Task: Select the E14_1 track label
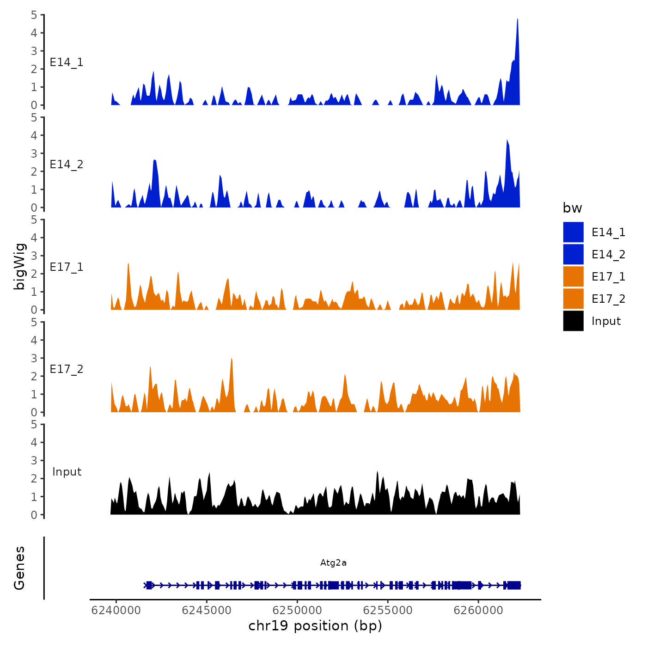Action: pos(67,62)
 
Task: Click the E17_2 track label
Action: pos(67,369)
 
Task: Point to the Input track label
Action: pos(67,472)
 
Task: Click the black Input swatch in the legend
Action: pos(573,321)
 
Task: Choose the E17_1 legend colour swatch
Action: pos(573,277)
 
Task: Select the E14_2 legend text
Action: pos(608,255)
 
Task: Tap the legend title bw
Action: pos(572,208)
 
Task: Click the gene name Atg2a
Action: pos(333,563)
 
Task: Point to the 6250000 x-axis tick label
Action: pos(297,610)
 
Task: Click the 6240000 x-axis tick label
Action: pos(116,610)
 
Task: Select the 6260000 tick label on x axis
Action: pos(478,610)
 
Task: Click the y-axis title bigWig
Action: pos(19,266)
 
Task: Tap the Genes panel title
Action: pos(19,568)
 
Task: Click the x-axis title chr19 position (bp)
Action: pos(315,626)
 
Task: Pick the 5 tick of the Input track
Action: pos(34,424)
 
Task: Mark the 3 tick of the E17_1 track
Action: pos(34,256)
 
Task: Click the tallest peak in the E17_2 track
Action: pos(231,359)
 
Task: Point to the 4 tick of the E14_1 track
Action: pos(34,33)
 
